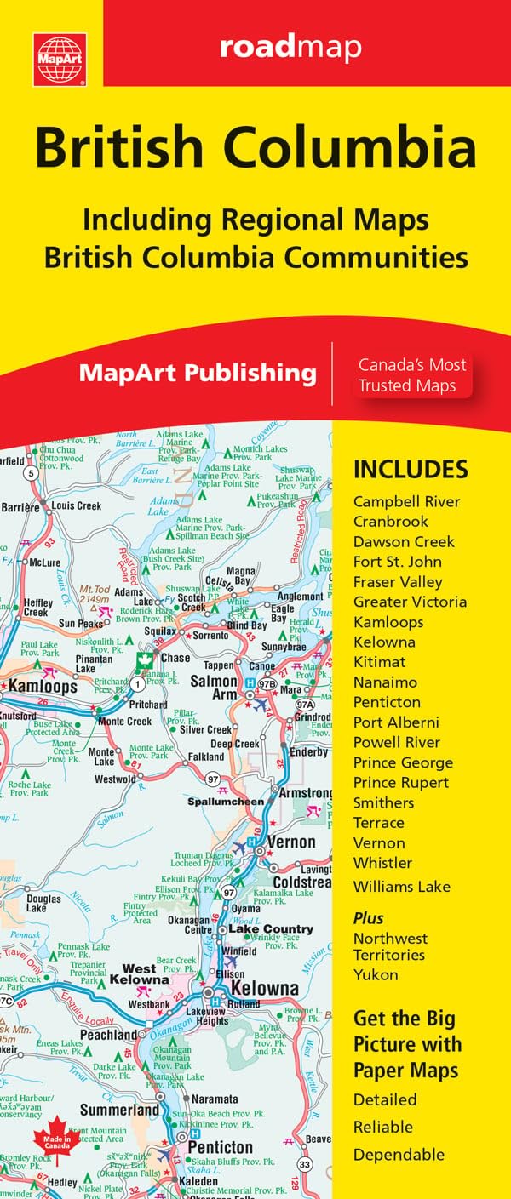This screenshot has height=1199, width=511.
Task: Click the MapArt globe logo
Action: pyautogui.click(x=60, y=60)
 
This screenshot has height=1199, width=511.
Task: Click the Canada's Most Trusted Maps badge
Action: pyautogui.click(x=411, y=375)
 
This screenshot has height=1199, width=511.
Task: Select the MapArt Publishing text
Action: pyautogui.click(x=198, y=373)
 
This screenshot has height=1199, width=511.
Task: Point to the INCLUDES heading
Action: pyautogui.click(x=411, y=469)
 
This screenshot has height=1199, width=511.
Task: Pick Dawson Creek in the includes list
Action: pyautogui.click(x=404, y=542)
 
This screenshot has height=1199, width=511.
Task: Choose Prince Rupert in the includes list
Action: pyautogui.click(x=401, y=783)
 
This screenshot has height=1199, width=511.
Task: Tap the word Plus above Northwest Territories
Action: pyautogui.click(x=368, y=918)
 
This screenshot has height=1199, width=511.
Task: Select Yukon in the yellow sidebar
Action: pyautogui.click(x=376, y=975)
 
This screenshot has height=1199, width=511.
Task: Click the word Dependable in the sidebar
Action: pyautogui.click(x=399, y=1155)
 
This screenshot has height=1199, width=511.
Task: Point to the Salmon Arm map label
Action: pyautogui.click(x=213, y=688)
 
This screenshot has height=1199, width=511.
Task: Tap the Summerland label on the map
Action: pyautogui.click(x=119, y=1111)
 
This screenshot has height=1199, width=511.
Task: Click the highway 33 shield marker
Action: pyautogui.click(x=303, y=1164)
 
